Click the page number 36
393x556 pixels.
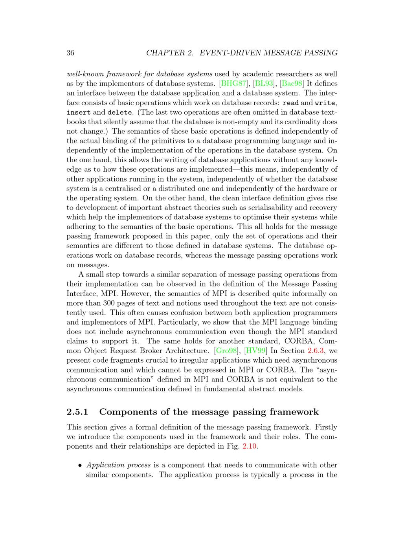click(x=70, y=53)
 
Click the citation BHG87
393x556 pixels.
click(x=233, y=83)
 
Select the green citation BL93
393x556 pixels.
click(x=264, y=83)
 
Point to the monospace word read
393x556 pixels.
click(x=290, y=103)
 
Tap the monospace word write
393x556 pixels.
click(x=325, y=103)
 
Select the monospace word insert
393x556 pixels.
click(x=79, y=112)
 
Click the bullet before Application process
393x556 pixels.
click(x=80, y=465)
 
